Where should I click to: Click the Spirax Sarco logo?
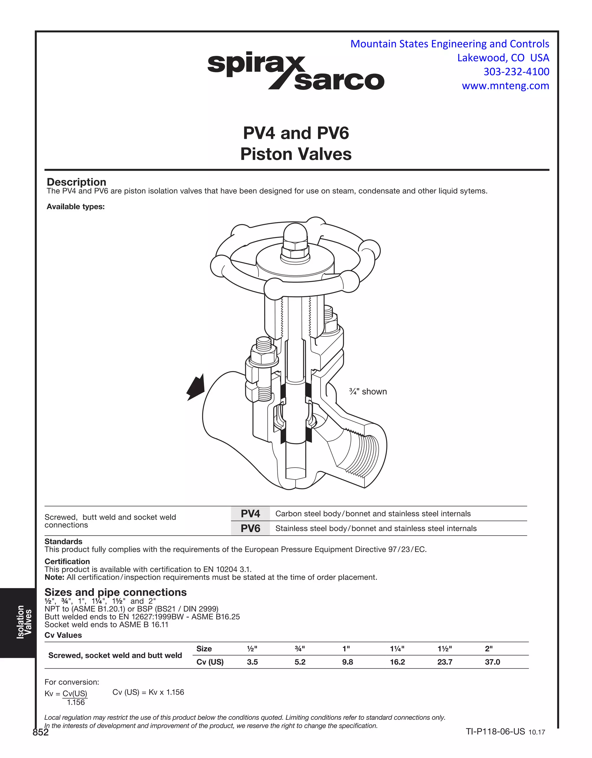(x=295, y=72)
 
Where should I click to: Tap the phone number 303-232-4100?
(x=516, y=72)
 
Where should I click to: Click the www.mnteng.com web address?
(x=505, y=86)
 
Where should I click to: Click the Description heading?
(x=76, y=182)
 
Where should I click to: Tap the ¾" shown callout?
(x=368, y=391)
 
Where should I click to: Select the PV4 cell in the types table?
(x=250, y=513)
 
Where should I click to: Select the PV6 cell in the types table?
(x=250, y=528)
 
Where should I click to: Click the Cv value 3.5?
(x=252, y=662)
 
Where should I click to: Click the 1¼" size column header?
(x=397, y=648)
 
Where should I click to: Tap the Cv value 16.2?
(x=397, y=662)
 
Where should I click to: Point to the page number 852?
(x=40, y=732)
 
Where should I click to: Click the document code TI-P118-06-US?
(x=495, y=732)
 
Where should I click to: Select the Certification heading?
(x=67, y=561)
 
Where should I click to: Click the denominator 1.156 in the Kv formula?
(x=76, y=702)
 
